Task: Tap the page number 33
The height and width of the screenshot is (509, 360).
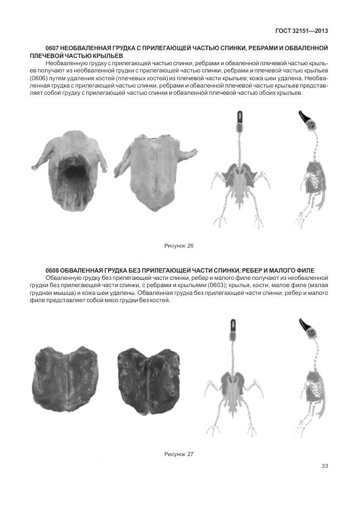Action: coord(324,466)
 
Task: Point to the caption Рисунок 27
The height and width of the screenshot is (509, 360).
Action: coord(178,454)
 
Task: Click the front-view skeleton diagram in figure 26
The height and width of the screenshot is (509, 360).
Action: coord(239,173)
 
